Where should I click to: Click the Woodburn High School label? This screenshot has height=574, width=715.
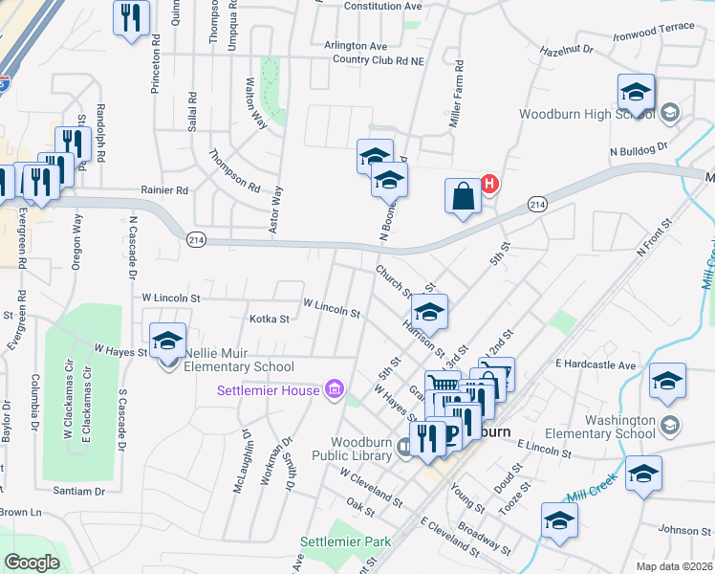tap(587, 114)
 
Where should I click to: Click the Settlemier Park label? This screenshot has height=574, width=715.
tap(346, 541)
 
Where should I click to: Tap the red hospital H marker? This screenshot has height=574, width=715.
tap(489, 184)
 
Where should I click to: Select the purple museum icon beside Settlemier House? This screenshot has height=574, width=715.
tap(334, 388)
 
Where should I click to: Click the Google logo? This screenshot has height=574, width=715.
tap(32, 562)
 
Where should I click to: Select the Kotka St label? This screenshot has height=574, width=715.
tap(269, 319)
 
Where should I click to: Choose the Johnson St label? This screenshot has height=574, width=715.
tap(679, 529)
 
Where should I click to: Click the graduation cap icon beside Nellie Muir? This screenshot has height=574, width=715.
tap(167, 341)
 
